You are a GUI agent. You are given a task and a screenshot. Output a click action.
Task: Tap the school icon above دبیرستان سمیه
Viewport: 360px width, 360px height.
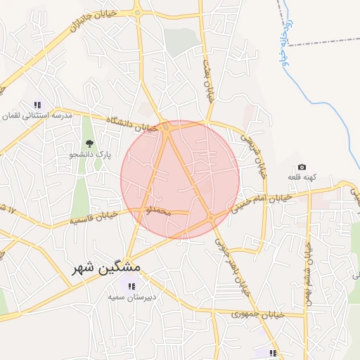click(x=131, y=285)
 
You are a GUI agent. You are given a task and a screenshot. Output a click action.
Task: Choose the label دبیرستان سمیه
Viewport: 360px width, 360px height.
click(x=131, y=297)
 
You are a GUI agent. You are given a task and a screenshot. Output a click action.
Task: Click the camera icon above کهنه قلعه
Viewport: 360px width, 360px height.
click(x=302, y=167)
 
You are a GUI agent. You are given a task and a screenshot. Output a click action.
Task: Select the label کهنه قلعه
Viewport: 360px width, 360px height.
click(x=302, y=178)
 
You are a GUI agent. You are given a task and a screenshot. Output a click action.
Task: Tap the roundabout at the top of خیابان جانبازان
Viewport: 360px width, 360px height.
click(x=137, y=12)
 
